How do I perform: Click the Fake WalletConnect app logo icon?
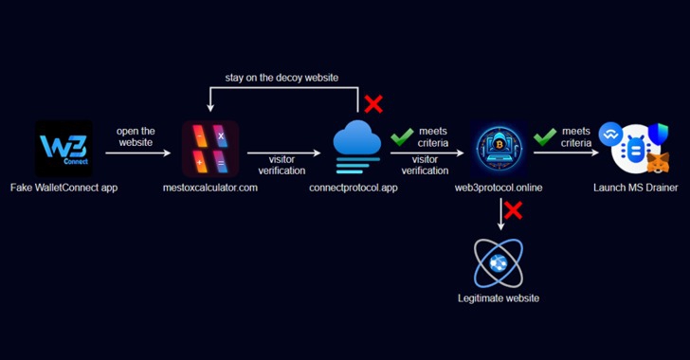coord(64,148)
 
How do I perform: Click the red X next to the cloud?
coord(373,102)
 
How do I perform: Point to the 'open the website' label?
coord(136,136)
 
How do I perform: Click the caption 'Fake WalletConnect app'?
coord(64,189)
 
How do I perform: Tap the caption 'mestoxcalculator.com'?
coord(210,189)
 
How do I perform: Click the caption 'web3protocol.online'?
coord(499,189)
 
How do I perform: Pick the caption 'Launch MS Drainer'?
coord(634,189)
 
